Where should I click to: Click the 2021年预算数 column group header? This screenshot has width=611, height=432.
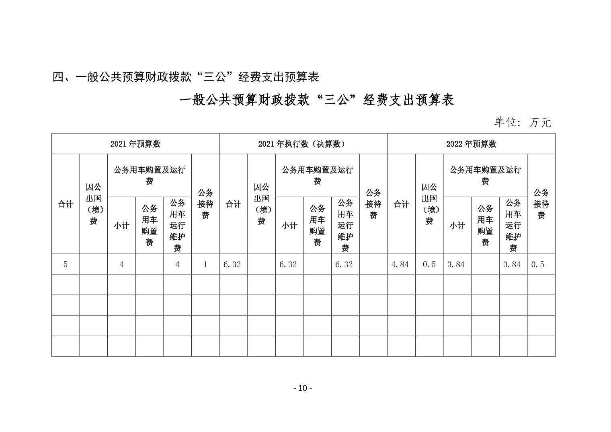click(x=135, y=144)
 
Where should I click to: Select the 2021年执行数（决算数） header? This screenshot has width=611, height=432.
click(x=303, y=144)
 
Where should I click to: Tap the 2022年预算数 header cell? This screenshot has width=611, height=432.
click(x=471, y=144)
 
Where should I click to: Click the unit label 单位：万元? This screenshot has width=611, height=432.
click(x=522, y=122)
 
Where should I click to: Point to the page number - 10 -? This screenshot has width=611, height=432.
click(x=303, y=388)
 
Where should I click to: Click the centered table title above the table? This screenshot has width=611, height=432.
click(x=317, y=100)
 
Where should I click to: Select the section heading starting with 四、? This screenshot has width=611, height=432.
click(x=186, y=77)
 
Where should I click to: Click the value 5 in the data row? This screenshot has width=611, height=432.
click(x=66, y=264)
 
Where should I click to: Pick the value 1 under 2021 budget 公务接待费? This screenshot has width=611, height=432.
click(x=205, y=264)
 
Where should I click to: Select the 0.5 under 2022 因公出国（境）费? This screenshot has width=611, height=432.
click(x=429, y=264)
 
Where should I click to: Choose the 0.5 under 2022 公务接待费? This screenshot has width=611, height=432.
click(x=537, y=264)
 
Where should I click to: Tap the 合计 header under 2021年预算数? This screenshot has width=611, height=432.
click(x=66, y=204)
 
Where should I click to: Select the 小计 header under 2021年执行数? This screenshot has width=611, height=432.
click(x=289, y=226)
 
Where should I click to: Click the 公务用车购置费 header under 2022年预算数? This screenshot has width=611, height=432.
click(x=485, y=225)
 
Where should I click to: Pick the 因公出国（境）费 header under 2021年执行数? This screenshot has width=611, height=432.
click(x=261, y=204)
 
